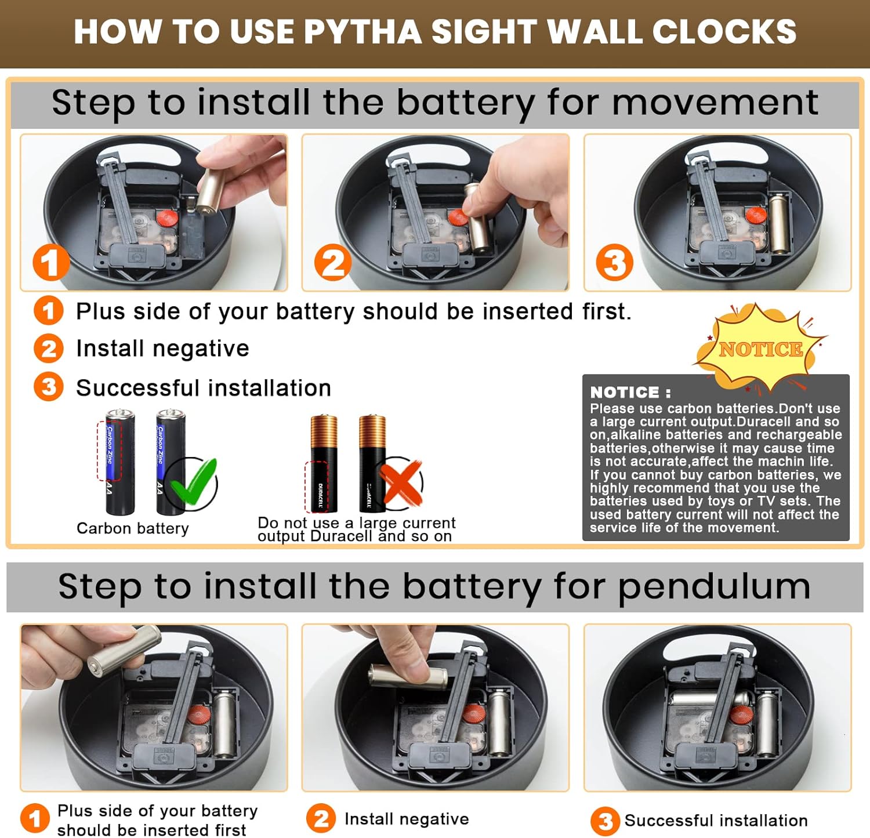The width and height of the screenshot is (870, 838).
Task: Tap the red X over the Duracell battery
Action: tap(400, 482)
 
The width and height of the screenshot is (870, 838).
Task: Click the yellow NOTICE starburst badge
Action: tap(760, 348)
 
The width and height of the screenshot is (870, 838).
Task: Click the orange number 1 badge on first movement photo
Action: tap(51, 262)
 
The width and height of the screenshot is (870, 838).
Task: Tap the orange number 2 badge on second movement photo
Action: tap(333, 262)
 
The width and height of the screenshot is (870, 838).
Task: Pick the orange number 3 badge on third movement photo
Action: tap(615, 262)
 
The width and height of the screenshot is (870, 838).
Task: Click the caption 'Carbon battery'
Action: tap(133, 528)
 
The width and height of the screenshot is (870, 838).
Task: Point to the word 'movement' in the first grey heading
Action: tap(715, 103)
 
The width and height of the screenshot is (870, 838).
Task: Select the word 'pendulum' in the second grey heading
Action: tap(715, 587)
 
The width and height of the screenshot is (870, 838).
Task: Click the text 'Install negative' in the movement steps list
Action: tap(163, 349)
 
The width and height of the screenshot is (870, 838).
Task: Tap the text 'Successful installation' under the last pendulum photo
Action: tap(716, 821)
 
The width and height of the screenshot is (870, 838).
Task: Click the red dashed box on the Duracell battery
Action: tap(317, 486)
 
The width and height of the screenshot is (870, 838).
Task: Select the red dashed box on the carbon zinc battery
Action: tap(109, 451)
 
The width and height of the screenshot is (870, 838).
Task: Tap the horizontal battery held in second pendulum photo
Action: tap(408, 676)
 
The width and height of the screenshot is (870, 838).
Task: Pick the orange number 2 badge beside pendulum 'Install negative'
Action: tap(321, 818)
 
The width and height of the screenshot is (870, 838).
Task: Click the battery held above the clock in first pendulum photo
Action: tap(124, 650)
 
